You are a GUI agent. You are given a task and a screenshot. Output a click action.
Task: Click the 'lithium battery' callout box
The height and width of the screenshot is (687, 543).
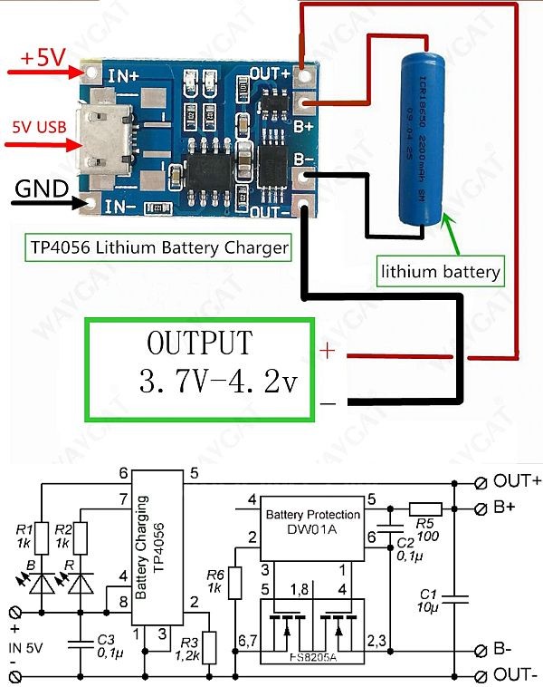(x=441, y=270)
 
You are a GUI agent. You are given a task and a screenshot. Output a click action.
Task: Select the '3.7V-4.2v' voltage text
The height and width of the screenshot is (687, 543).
(x=217, y=381)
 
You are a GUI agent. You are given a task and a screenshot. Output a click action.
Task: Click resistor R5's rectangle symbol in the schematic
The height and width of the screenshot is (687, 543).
(x=424, y=509)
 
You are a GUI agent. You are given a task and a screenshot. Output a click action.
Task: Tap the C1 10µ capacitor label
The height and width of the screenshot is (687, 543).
(x=429, y=599)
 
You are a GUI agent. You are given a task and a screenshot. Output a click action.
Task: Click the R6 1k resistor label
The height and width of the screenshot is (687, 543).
(x=214, y=581)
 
